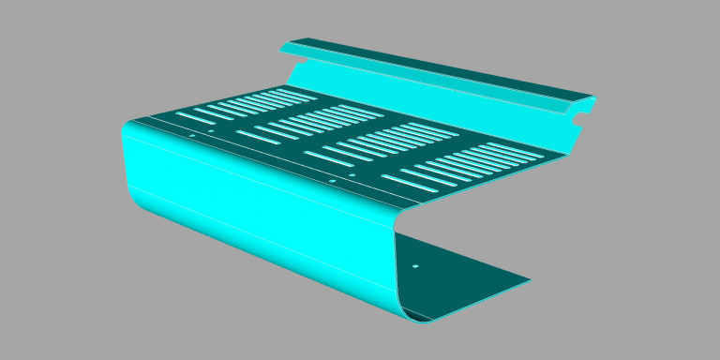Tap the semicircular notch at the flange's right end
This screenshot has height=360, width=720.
(584, 114)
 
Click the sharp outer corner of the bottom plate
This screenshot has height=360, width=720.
(531, 280)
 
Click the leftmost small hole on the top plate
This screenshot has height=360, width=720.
(191, 135)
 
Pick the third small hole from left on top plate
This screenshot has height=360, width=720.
(331, 181)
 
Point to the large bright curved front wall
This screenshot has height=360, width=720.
(262, 216)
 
